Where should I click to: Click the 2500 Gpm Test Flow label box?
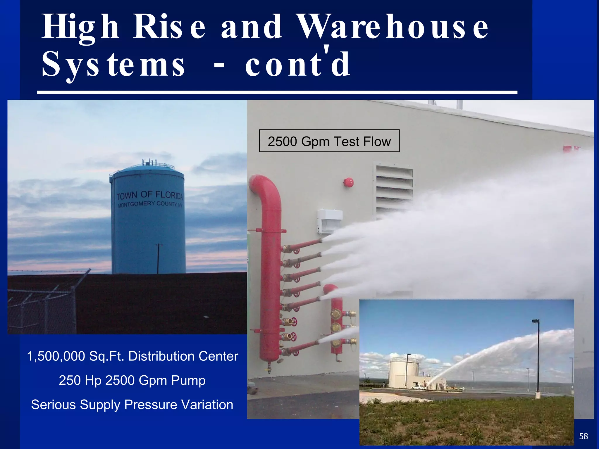point(329,141)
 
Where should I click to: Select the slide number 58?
point(583,436)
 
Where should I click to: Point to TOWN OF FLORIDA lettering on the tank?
point(150,195)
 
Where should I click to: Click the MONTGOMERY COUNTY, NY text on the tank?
point(150,204)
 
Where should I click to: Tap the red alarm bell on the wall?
point(348,182)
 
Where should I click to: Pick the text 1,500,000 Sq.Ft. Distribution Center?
point(132,356)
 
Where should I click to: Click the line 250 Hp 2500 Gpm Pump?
point(132,380)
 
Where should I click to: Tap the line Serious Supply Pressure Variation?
point(132,405)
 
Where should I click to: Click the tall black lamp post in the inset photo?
point(538,360)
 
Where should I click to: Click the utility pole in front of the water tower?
point(158,259)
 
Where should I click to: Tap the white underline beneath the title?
point(277,92)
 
